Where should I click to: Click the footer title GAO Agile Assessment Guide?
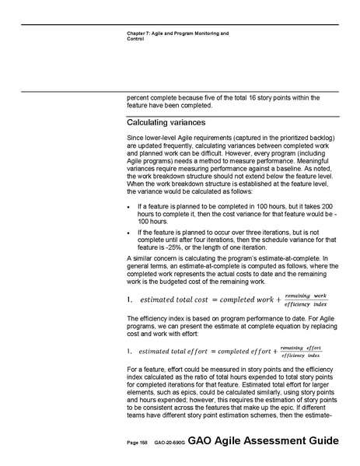(263, 440)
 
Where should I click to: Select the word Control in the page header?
(135, 39)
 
